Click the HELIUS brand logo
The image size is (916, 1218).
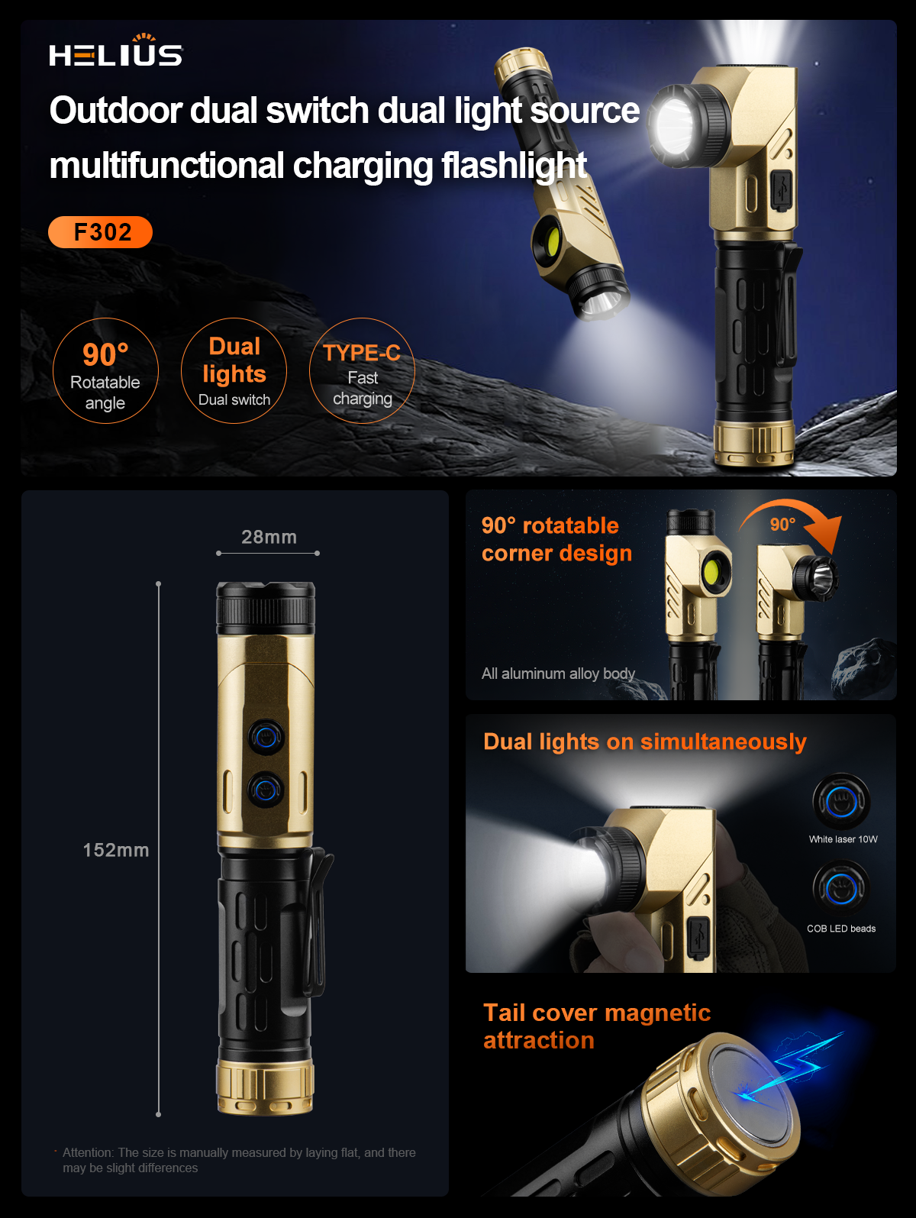(116, 50)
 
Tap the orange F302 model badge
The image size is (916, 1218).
(100, 232)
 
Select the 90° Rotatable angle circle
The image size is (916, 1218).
(105, 370)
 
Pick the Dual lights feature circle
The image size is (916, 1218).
(234, 370)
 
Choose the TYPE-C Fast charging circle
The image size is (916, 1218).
(362, 370)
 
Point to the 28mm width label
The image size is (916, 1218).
(269, 537)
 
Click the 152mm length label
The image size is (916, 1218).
(116, 850)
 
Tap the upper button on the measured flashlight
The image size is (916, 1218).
(266, 738)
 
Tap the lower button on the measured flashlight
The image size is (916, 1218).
(266, 789)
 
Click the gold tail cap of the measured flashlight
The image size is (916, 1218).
(265, 1087)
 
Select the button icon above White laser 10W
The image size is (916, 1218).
(842, 801)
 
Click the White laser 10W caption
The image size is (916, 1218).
(843, 839)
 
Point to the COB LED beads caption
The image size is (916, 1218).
(841, 929)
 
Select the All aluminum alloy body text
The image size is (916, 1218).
(558, 674)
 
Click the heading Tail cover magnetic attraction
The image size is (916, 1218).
(597, 1026)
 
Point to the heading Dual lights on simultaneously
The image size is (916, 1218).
(645, 742)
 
